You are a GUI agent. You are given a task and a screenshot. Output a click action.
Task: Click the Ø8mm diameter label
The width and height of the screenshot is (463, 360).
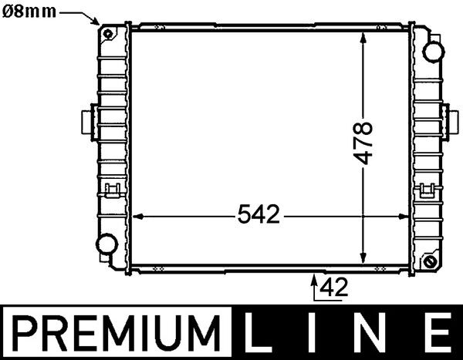tap(29, 11)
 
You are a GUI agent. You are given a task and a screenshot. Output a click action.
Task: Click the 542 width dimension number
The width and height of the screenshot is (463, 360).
tap(258, 216)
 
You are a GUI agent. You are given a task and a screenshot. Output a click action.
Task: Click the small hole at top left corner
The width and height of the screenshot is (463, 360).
tap(106, 34)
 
